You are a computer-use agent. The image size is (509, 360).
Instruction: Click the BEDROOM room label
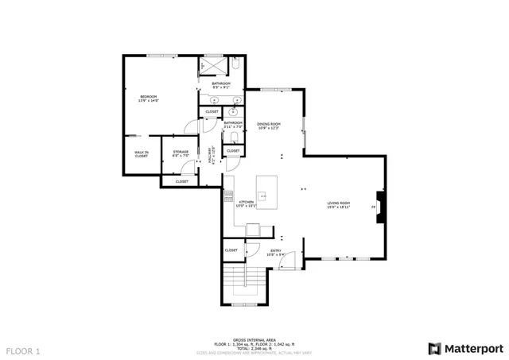149,99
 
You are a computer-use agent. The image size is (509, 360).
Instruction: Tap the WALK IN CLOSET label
141,154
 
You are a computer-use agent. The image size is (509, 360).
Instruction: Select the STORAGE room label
181,153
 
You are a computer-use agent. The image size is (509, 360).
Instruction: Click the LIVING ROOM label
339,204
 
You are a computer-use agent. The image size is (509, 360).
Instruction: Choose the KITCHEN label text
247,203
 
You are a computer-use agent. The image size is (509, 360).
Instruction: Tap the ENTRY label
276,252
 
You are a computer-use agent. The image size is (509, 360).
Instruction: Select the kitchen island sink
263,194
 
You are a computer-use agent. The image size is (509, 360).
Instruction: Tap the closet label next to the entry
231,250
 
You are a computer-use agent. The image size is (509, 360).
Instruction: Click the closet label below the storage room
181,181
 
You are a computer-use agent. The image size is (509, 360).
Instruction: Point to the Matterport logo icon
433,348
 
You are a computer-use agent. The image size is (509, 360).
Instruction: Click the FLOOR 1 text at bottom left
23,350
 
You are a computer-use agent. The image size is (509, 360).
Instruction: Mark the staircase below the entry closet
243,285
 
